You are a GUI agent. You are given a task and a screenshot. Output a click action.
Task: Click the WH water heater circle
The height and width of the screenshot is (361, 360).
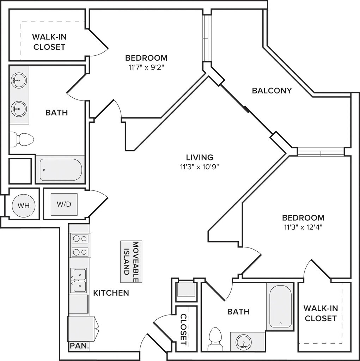click(24, 206)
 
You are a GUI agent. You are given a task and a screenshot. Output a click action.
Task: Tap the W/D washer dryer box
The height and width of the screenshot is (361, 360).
click(64, 204)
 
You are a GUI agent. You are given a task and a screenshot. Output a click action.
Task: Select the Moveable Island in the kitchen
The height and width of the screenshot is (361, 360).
click(131, 262)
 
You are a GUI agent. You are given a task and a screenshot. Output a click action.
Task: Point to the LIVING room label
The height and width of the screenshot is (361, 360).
click(200, 157)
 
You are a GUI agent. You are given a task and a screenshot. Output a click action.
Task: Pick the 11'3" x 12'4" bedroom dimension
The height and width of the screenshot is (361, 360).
click(303, 227)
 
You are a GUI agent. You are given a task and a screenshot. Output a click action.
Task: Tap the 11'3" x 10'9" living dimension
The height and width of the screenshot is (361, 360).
click(200, 167)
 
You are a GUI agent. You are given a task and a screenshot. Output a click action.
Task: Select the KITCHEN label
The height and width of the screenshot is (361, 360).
click(111, 293)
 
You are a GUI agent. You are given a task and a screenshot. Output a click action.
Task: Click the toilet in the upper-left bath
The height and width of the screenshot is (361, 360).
click(22, 139)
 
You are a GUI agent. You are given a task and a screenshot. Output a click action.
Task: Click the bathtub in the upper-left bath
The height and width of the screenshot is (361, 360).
click(61, 170)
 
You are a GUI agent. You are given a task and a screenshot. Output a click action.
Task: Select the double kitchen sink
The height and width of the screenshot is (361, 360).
click(79, 280)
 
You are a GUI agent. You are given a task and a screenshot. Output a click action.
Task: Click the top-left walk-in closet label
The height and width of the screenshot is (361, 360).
click(49, 42)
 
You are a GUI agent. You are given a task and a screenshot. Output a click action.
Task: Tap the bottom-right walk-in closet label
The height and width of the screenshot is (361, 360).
click(321, 313)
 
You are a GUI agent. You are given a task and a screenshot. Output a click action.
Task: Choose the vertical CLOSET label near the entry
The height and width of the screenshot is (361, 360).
click(184, 329)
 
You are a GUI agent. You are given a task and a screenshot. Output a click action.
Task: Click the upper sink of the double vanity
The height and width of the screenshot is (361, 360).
click(19, 80)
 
